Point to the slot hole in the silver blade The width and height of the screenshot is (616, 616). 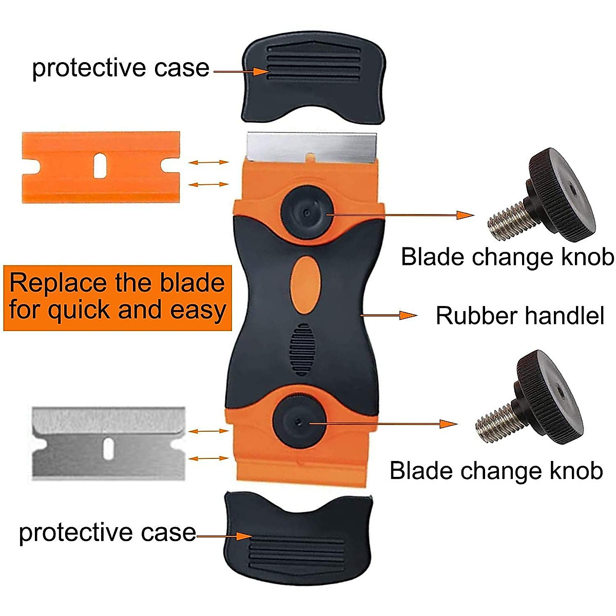point(108,449)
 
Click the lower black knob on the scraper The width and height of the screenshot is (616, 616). point(298,422)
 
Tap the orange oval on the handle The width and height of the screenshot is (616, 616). point(306,284)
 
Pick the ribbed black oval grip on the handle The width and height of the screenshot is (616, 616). point(301,349)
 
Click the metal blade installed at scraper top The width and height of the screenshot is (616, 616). point(311,145)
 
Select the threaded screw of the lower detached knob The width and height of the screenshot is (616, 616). point(496,419)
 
